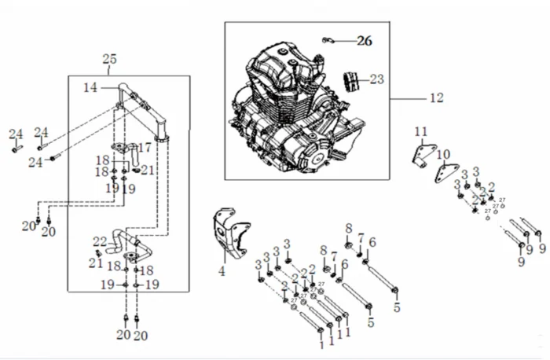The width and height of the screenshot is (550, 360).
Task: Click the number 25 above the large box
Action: click(x=110, y=59)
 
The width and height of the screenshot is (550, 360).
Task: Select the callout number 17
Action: click(x=145, y=147)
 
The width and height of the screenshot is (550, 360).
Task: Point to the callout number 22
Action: click(x=100, y=241)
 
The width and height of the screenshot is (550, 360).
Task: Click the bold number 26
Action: click(x=363, y=39)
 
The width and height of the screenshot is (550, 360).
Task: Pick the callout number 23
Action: click(x=377, y=79)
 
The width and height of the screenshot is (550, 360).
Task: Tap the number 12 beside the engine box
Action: click(x=437, y=98)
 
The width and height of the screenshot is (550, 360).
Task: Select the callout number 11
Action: click(x=421, y=130)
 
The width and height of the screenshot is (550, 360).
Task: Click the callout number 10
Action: click(x=444, y=154)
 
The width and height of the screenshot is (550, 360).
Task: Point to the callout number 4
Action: click(x=222, y=272)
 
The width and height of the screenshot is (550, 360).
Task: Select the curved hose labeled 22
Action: click(x=119, y=238)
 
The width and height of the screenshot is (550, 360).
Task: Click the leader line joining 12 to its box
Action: click(x=409, y=98)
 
